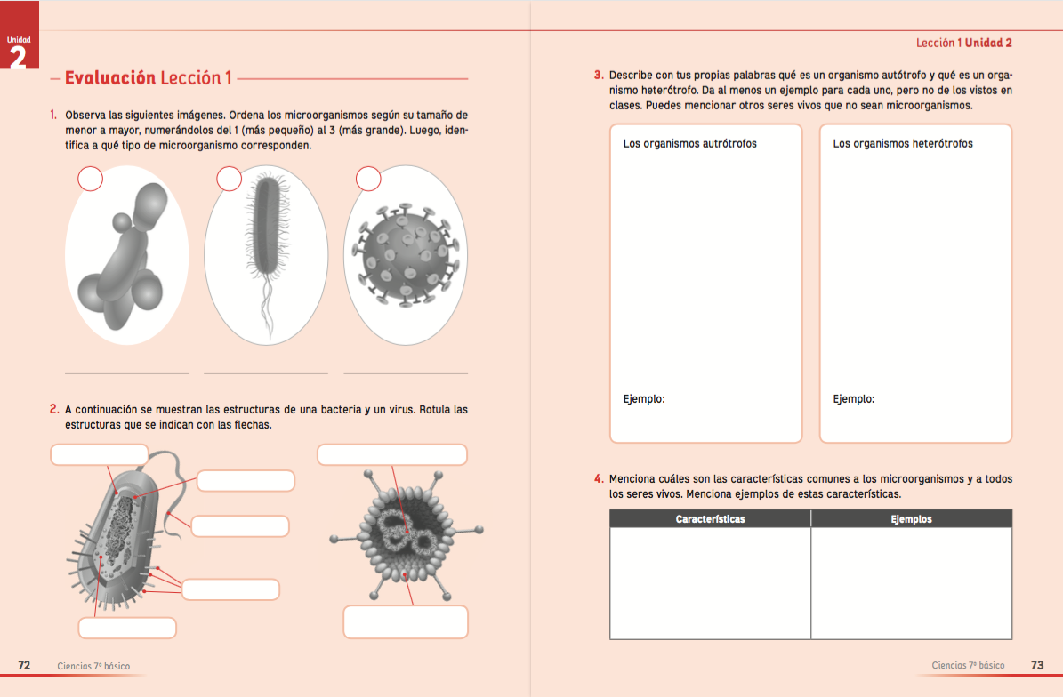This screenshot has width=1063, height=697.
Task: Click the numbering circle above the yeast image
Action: [91, 180]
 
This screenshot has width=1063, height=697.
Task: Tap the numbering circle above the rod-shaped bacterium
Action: [229, 180]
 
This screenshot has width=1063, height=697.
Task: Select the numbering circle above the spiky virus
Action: [368, 180]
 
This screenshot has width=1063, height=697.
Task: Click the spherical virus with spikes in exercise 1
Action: [405, 255]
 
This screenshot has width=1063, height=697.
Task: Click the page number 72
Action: [25, 665]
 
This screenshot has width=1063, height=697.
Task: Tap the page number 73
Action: [1037, 665]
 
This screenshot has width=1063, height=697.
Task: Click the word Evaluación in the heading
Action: [110, 78]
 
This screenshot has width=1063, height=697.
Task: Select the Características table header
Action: [710, 518]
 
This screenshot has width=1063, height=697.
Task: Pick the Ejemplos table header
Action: [911, 518]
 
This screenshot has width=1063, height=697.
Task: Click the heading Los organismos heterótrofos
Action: [903, 143]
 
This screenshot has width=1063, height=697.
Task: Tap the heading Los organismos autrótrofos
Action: [690, 143]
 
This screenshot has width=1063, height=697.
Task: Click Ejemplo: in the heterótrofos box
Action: [854, 399]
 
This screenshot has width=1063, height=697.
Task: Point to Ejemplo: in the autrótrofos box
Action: [644, 399]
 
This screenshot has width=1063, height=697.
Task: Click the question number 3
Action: [600, 76]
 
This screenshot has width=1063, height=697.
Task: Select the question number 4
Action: [600, 479]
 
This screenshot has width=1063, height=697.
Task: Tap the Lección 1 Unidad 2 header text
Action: [964, 43]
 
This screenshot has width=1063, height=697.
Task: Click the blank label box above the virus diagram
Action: [392, 454]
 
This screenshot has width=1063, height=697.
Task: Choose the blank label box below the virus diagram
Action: [406, 621]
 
